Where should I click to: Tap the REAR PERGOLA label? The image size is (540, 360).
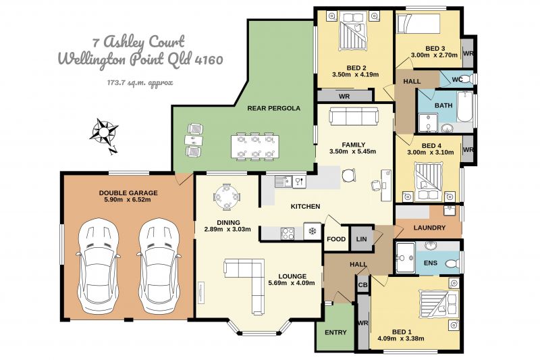pyautogui.click(x=274, y=108)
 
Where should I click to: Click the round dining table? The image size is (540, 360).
pyautogui.click(x=227, y=197)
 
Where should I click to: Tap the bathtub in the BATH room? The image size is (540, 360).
pyautogui.click(x=464, y=107)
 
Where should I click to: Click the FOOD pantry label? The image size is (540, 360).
pyautogui.click(x=336, y=239)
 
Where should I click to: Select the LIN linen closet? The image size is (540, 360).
pyautogui.click(x=362, y=238)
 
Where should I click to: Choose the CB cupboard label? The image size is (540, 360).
pyautogui.click(x=363, y=285)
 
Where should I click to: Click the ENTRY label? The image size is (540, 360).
pyautogui.click(x=335, y=332)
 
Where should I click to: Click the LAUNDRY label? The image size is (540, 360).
pyautogui.click(x=429, y=228)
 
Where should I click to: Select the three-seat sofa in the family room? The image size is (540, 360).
pyautogui.click(x=354, y=116)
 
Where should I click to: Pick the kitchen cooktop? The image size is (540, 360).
pyautogui.click(x=288, y=234)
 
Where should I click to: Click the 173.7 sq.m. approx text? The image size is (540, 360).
pyautogui.click(x=140, y=82)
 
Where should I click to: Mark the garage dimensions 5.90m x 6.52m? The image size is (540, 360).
pyautogui.click(x=128, y=199)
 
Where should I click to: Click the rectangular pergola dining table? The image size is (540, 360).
pyautogui.click(x=255, y=146)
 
